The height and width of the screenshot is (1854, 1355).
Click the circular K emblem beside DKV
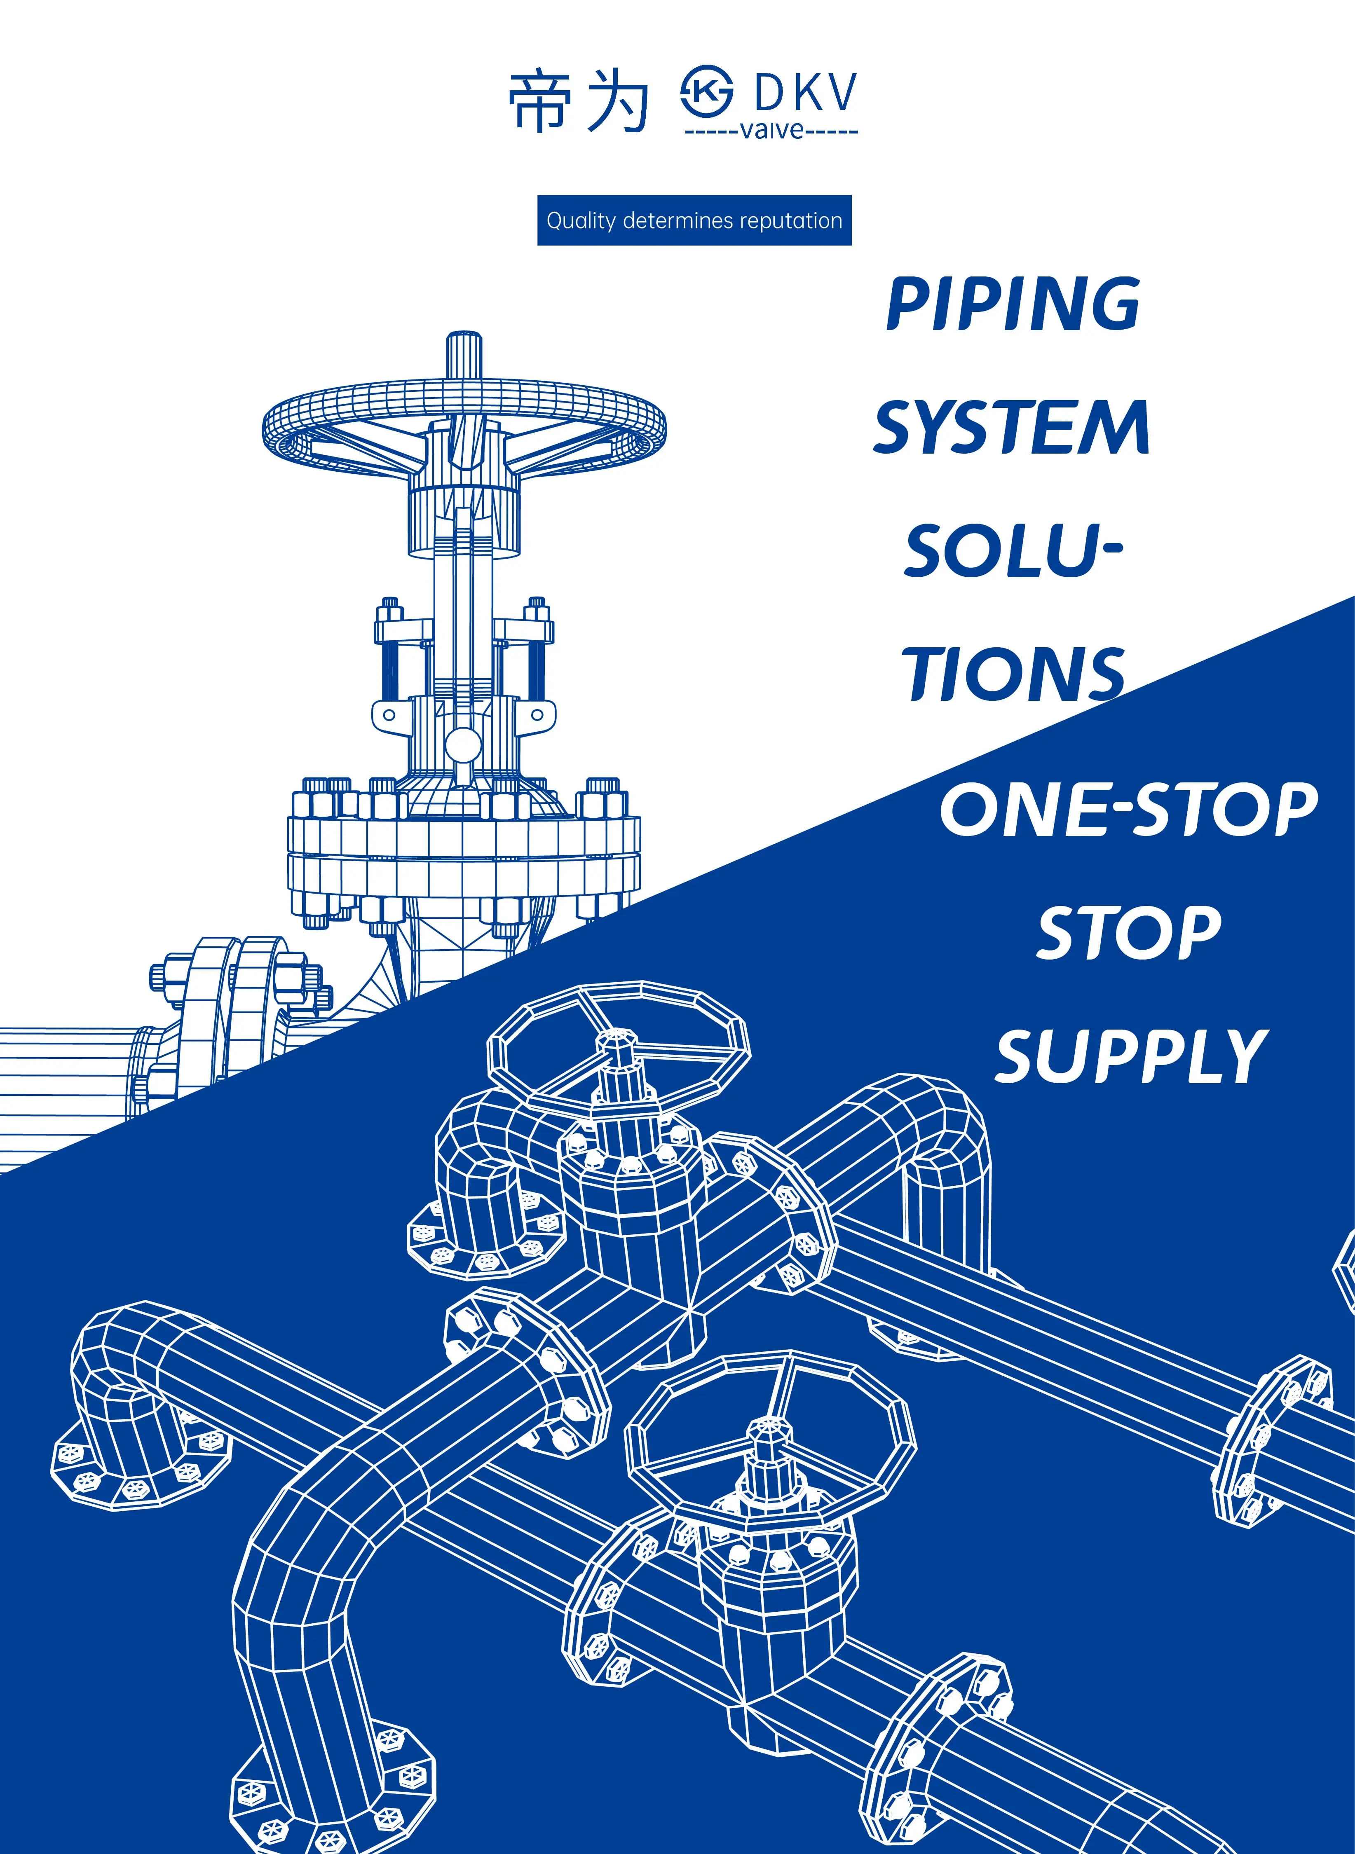pyautogui.click(x=707, y=94)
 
